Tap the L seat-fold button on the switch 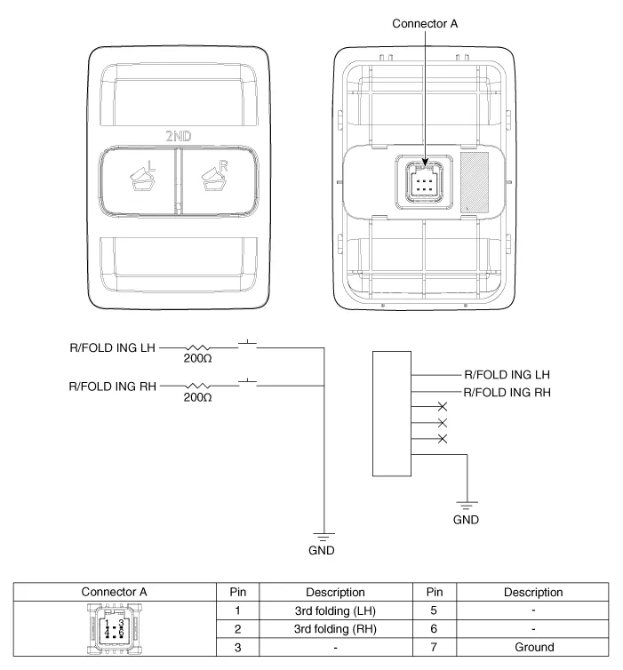coord(138,180)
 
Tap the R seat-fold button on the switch coord(218,180)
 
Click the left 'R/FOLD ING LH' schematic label coord(113,347)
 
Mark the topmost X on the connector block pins coord(442,406)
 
